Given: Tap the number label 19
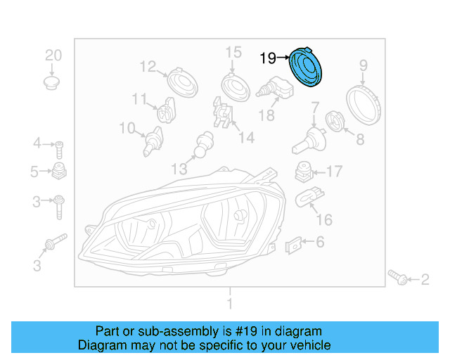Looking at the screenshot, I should [268, 58].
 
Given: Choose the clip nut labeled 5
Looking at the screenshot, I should [60, 171].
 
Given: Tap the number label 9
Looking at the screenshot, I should [364, 66].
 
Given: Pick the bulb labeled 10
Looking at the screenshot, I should [150, 141].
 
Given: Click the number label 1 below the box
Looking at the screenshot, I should [229, 303].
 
